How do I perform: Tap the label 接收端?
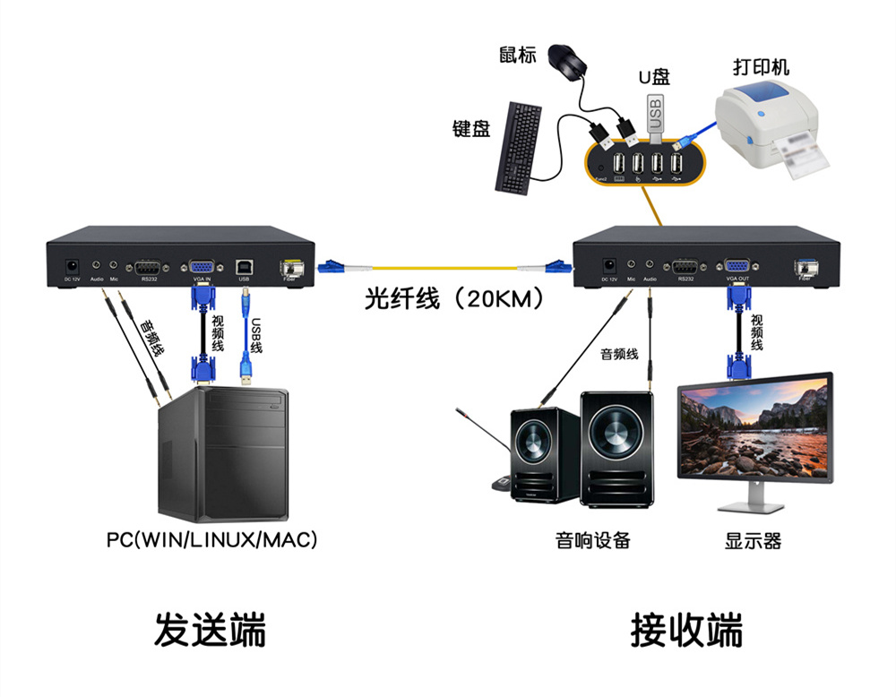[686, 630]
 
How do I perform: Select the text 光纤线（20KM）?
[453, 298]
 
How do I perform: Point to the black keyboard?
[517, 147]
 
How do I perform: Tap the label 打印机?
[762, 67]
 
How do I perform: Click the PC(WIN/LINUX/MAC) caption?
[212, 540]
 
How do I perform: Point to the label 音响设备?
[593, 540]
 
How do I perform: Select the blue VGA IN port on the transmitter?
[201, 266]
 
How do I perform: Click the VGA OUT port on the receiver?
[737, 266]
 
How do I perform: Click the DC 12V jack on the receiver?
[610, 266]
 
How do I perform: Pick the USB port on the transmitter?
[244, 266]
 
